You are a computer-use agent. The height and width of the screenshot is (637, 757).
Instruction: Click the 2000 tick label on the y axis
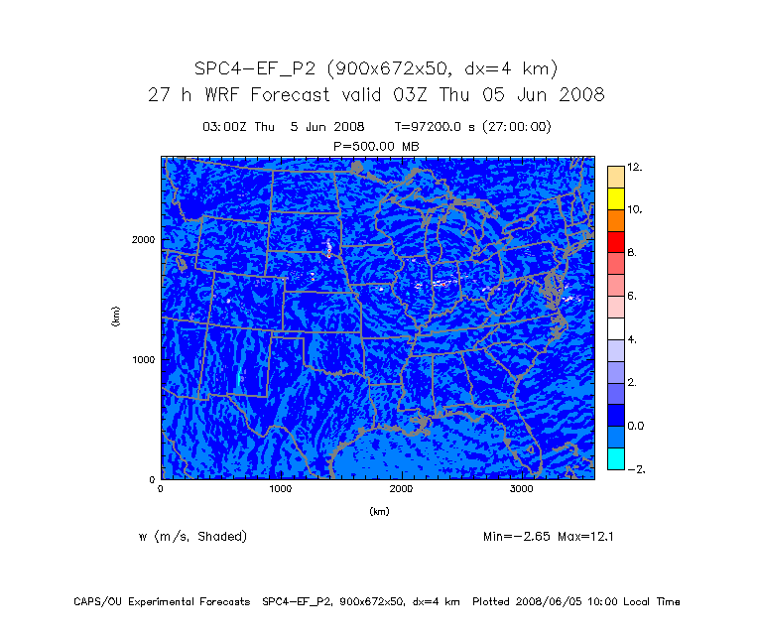click(x=143, y=239)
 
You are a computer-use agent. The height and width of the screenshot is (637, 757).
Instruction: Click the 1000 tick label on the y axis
click(x=143, y=359)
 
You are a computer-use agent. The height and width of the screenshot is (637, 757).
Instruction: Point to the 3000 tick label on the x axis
click(x=522, y=488)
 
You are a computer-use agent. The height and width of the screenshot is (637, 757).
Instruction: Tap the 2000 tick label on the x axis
click(x=402, y=488)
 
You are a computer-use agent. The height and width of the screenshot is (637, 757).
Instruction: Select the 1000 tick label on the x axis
click(x=281, y=488)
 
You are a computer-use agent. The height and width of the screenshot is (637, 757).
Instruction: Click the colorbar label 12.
click(x=635, y=167)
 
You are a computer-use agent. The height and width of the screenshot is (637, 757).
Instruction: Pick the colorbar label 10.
click(x=635, y=209)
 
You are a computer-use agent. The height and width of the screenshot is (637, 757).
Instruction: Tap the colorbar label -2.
click(x=635, y=469)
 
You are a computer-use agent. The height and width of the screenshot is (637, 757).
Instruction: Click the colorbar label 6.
click(x=633, y=297)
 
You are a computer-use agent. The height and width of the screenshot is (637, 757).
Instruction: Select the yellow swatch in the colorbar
click(x=616, y=198)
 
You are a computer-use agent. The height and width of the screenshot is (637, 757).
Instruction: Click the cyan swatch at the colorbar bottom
click(x=616, y=458)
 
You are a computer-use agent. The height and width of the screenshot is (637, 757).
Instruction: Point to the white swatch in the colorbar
click(x=616, y=328)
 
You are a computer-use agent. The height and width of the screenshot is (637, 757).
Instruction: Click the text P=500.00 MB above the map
click(x=377, y=145)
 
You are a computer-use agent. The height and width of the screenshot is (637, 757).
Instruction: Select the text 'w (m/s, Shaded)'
click(x=193, y=537)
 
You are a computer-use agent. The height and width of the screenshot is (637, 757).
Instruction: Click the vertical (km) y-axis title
click(x=116, y=317)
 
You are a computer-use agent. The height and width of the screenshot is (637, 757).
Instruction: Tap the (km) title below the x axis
click(x=378, y=512)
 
